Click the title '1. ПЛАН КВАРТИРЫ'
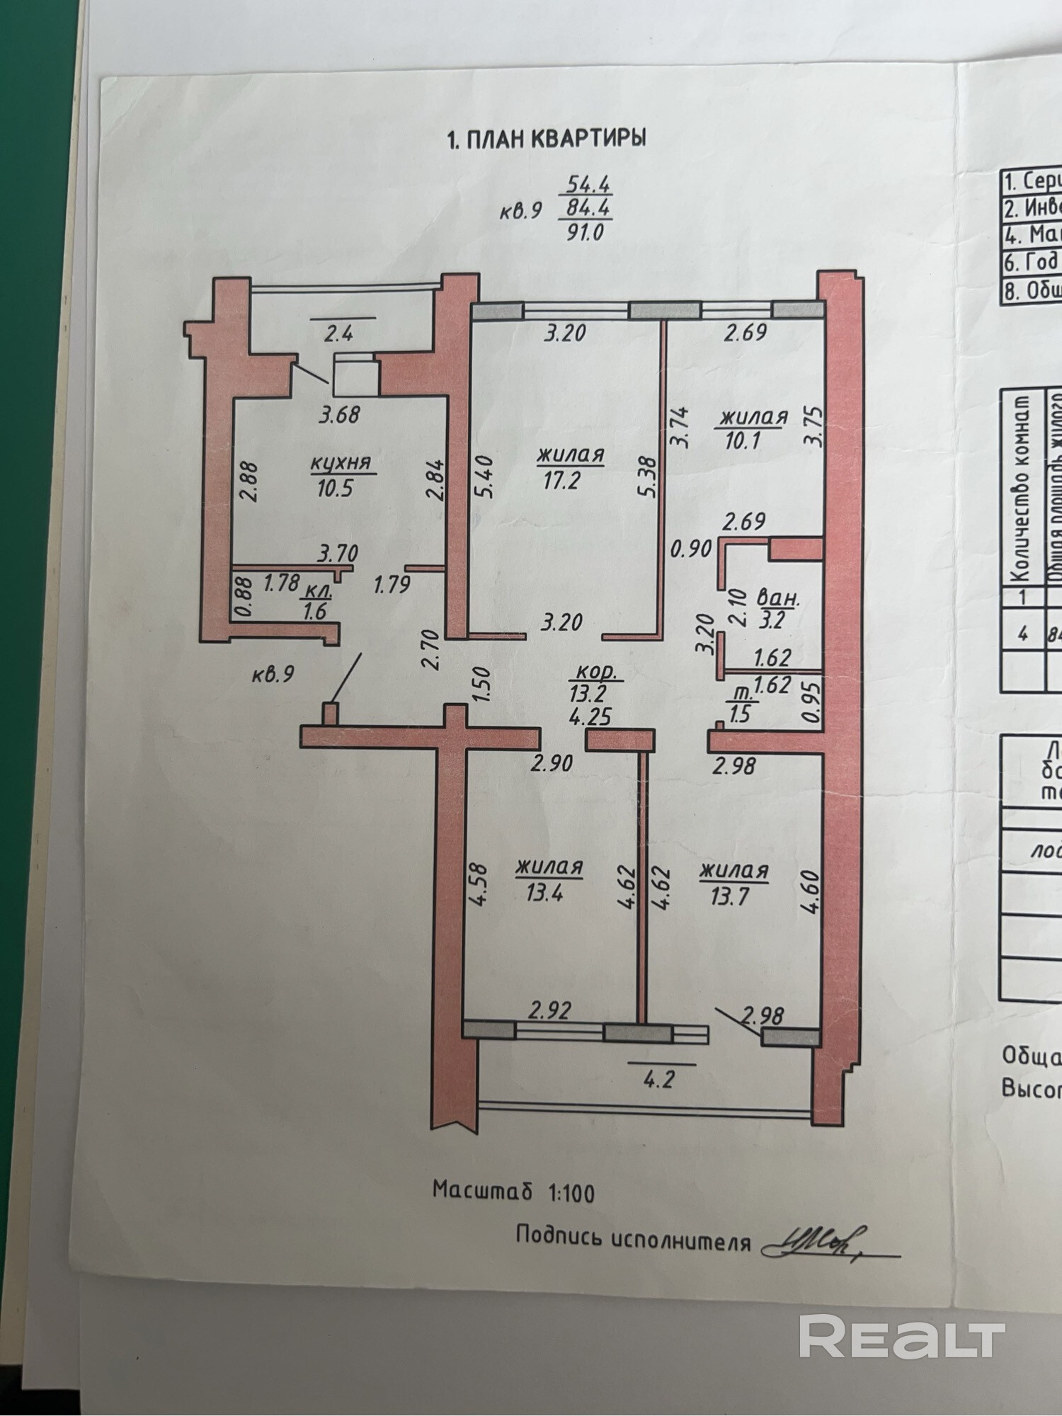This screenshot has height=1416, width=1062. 547,138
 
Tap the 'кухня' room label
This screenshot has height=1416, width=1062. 341,464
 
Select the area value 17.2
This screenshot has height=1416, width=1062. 561,481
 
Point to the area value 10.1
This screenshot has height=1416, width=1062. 742,440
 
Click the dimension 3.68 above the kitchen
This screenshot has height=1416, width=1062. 340,414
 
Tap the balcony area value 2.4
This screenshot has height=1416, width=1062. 338,333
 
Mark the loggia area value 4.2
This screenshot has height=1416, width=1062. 658,1081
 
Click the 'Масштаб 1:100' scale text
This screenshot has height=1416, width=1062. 514,1192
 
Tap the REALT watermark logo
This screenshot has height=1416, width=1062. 902,1337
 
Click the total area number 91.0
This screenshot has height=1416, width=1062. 584,232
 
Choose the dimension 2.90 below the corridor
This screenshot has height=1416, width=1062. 552,764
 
